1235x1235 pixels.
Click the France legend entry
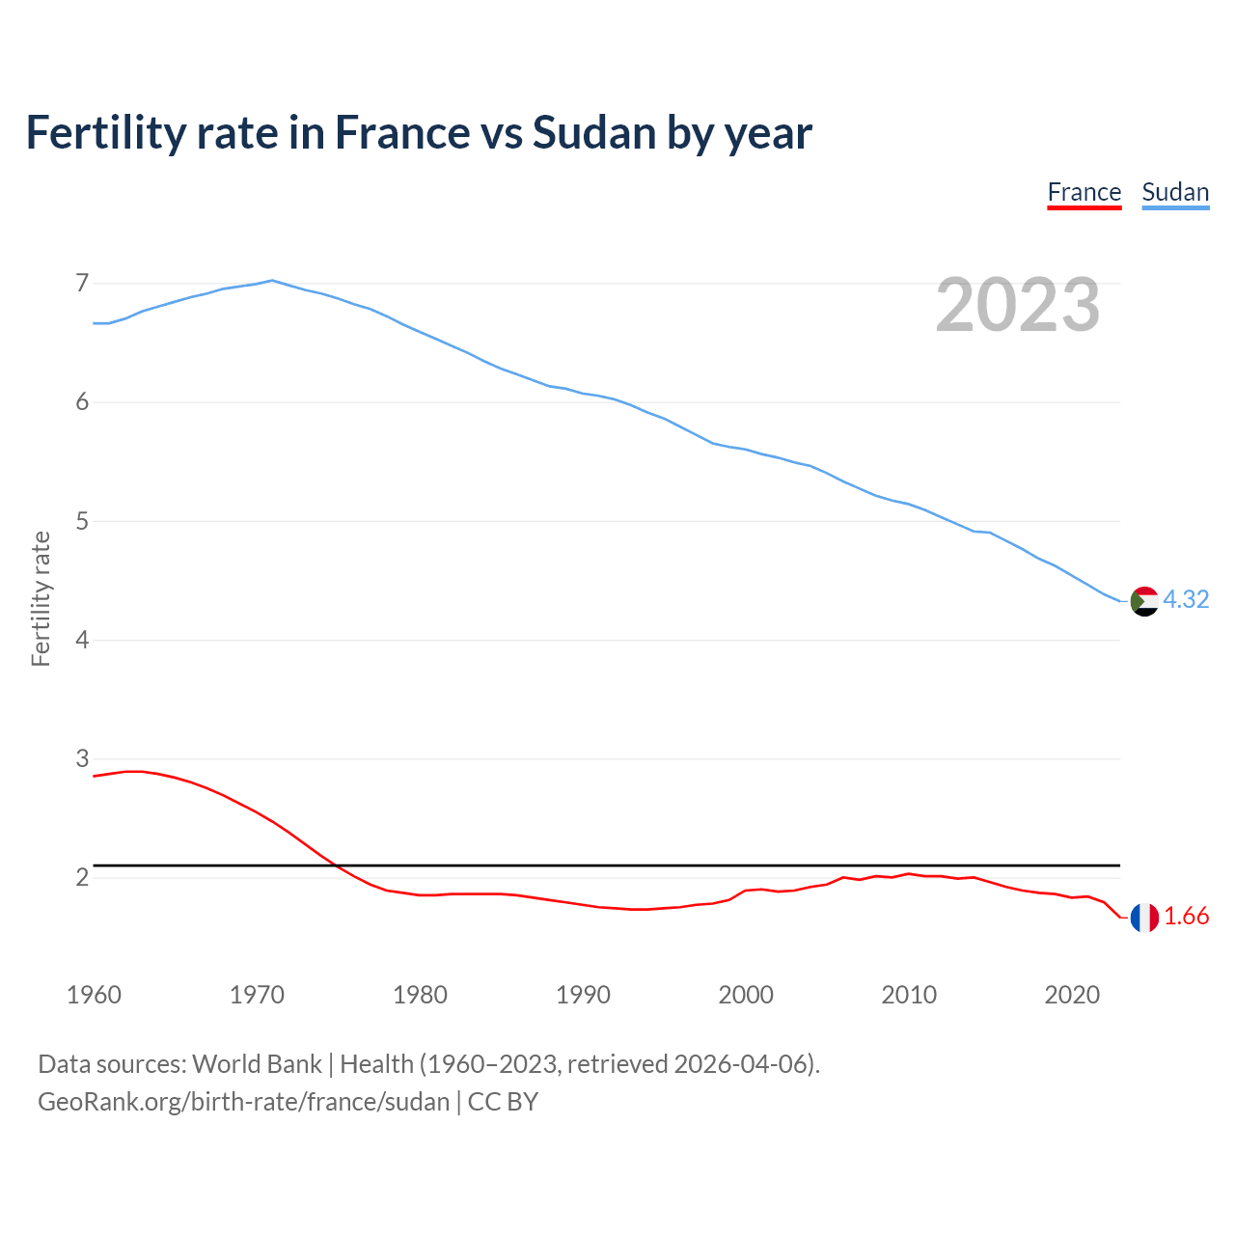pos(1084,192)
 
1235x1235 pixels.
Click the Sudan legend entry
pos(1174,192)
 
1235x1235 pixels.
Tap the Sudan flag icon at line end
pos(1143,601)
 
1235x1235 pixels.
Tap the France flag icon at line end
pos(1143,918)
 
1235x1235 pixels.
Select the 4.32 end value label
pos(1186,599)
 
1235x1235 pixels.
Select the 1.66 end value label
pos(1186,916)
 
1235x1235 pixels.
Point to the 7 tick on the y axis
pos(82,284)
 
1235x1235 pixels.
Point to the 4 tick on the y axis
pos(82,640)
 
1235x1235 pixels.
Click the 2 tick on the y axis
pos(82,877)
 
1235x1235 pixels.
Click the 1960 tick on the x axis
pos(94,995)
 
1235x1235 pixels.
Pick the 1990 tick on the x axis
pos(583,995)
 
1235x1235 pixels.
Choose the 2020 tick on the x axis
pos(1072,995)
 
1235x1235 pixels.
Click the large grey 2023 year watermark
pos(1017,305)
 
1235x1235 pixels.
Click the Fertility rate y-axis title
pos(41,598)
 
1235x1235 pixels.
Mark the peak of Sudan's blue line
pos(272,281)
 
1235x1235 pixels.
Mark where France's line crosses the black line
pos(337,865)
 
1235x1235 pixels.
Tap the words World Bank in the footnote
pos(257,1064)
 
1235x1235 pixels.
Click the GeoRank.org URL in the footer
pos(243,1102)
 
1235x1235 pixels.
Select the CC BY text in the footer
pos(503,1102)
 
